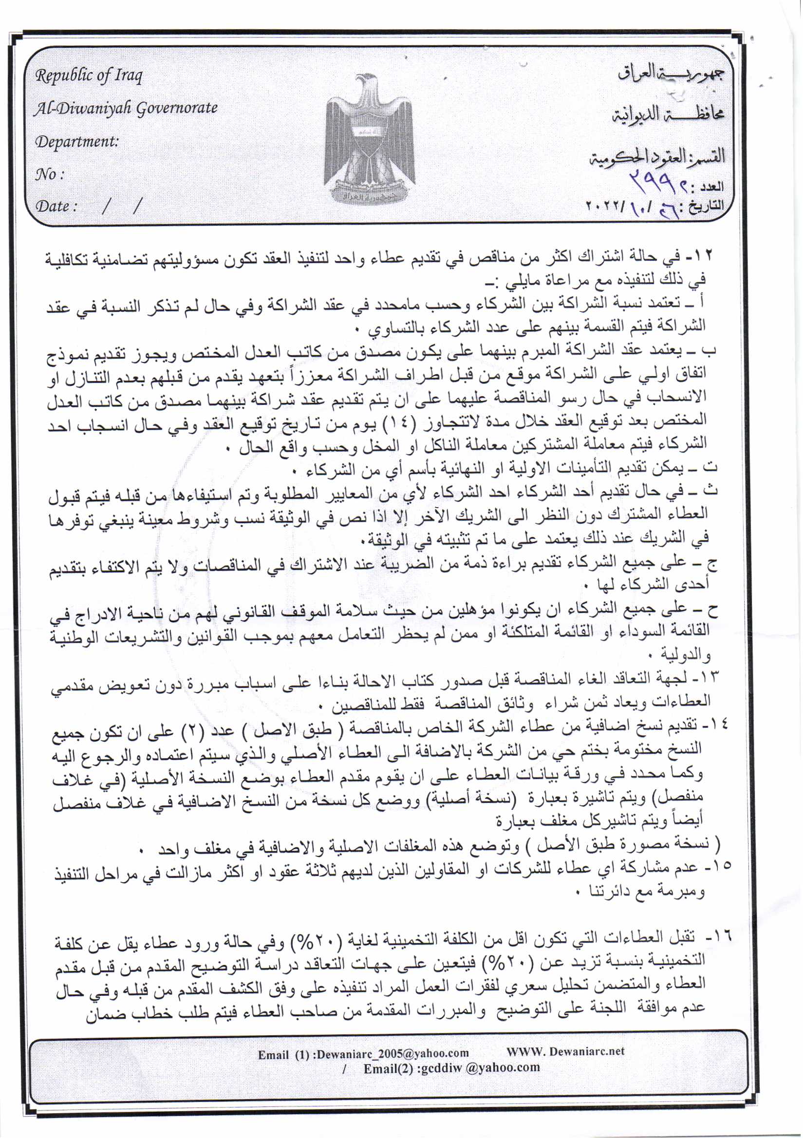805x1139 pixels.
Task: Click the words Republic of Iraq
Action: pyautogui.click(x=89, y=76)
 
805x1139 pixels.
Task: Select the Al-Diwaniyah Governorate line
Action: pyautogui.click(x=126, y=108)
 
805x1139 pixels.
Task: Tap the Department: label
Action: pyautogui.click(x=77, y=142)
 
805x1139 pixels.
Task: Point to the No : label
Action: pyautogui.click(x=50, y=174)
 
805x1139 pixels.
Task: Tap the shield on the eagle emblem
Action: pyautogui.click(x=367, y=134)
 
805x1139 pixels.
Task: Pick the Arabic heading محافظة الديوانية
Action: pyautogui.click(x=667, y=114)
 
